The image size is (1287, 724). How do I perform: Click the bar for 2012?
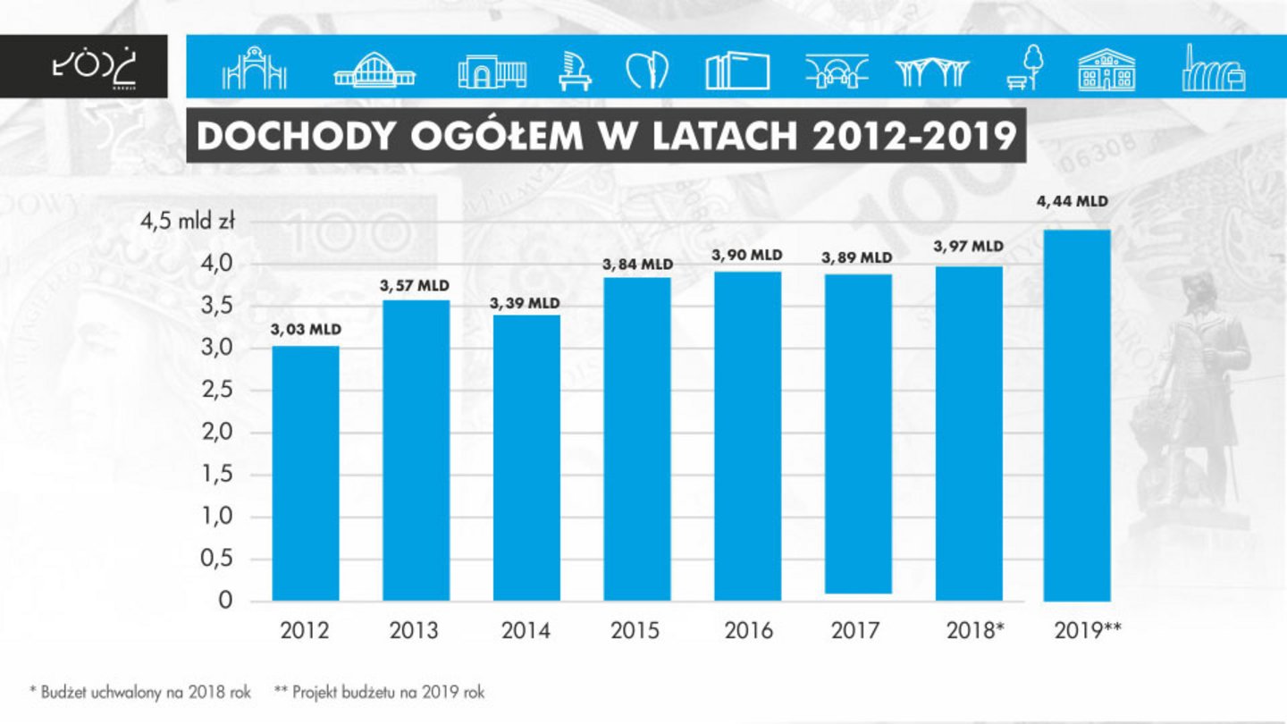click(x=306, y=473)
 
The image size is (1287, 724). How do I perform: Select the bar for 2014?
click(x=526, y=458)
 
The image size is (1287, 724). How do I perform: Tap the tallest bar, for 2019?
click(x=1077, y=416)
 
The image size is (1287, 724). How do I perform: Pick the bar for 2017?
click(x=858, y=434)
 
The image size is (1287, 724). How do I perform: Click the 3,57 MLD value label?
click(x=416, y=286)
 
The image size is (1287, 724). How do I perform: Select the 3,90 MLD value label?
click(x=747, y=256)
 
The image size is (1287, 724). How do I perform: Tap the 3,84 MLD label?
click(x=637, y=265)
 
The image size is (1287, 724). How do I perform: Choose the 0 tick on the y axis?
click(x=226, y=601)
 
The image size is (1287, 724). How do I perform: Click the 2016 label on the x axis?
click(x=748, y=631)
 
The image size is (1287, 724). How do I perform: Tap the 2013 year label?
click(x=415, y=631)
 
